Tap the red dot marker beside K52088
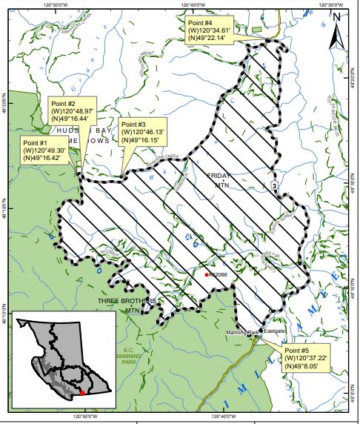tap(206, 275)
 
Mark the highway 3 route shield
tap(275, 185)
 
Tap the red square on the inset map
tap(82, 393)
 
